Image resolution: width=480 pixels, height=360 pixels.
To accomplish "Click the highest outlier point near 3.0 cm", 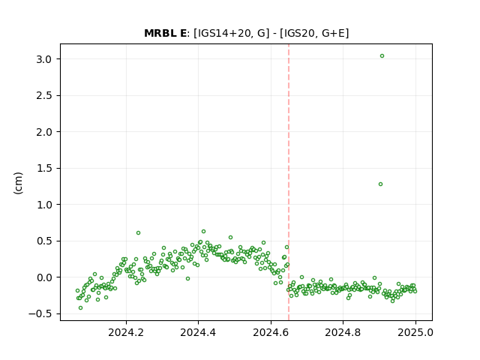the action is point(382,56).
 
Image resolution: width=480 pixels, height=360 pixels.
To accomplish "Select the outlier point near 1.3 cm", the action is point(380,184).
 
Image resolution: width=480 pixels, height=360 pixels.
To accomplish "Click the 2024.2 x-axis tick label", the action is point(126,332).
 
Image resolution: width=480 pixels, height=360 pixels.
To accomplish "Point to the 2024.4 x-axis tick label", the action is point(198,332).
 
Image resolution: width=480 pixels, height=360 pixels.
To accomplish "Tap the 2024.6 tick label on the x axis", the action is point(271,332).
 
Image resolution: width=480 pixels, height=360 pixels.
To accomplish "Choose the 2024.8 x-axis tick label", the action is point(343,332).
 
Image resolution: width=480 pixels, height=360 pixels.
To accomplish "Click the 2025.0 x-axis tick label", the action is point(415,332).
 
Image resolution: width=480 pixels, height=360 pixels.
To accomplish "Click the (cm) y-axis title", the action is point(18,183).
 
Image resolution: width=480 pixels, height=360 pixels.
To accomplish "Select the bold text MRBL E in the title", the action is point(165,33).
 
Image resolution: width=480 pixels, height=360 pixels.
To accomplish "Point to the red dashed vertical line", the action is point(289,182).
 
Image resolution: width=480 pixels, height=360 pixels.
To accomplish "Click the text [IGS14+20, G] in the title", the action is point(232,33).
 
